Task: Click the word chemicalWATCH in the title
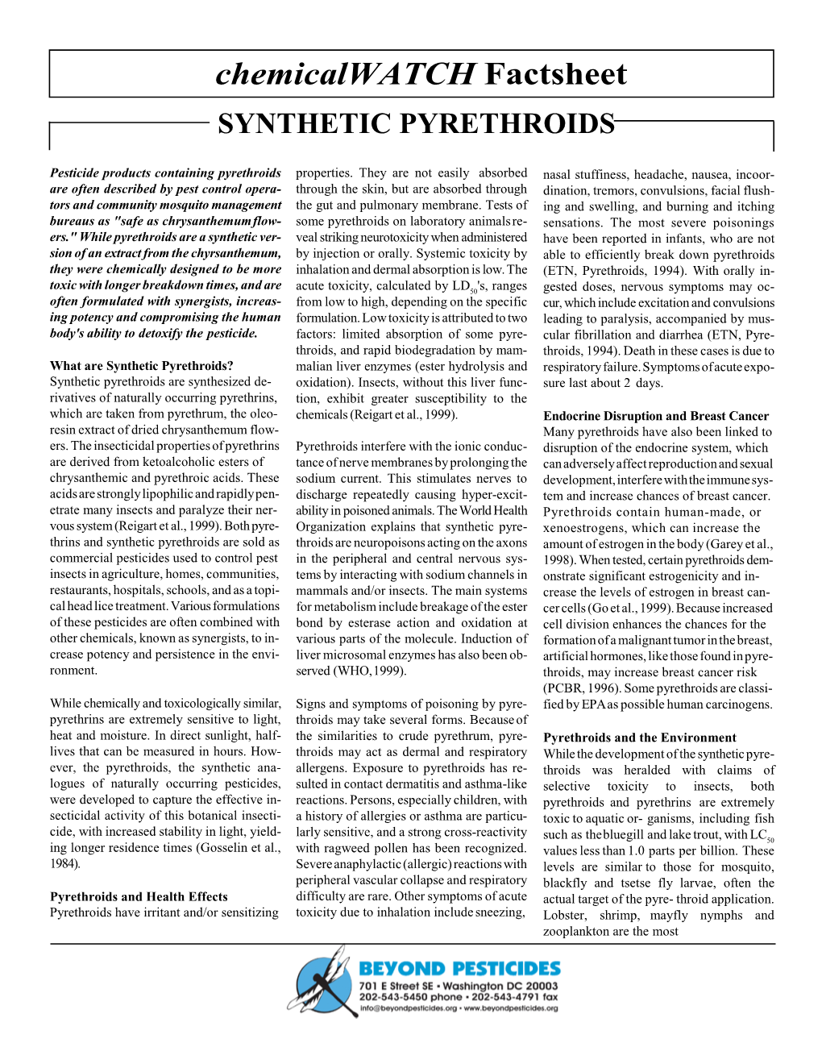click(x=346, y=74)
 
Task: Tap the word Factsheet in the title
click(x=556, y=74)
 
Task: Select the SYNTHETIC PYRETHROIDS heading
click(x=416, y=124)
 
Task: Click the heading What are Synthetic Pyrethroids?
click(x=141, y=366)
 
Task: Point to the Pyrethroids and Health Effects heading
click(x=139, y=896)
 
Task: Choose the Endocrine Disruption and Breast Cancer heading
click(x=656, y=416)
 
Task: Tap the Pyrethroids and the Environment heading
click(x=640, y=738)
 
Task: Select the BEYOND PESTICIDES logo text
click(x=459, y=968)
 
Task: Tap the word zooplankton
click(x=575, y=931)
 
